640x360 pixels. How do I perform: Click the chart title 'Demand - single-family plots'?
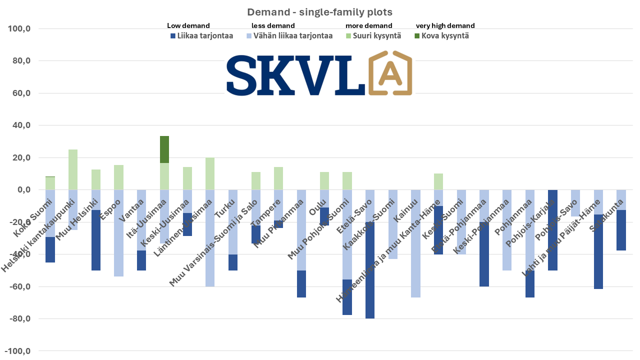[x=319, y=12]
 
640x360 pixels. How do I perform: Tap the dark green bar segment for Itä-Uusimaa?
[x=164, y=149]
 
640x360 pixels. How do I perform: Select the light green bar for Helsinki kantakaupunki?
[x=73, y=169]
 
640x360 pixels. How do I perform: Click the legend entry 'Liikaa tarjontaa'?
[x=202, y=36]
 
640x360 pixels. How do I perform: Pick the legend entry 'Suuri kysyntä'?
[x=373, y=36]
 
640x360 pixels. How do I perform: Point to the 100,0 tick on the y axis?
[x=20, y=29]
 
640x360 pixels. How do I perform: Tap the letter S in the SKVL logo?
[x=244, y=74]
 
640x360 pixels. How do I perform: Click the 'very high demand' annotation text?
[x=445, y=25]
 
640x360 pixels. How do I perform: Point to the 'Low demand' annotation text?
[x=188, y=25]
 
